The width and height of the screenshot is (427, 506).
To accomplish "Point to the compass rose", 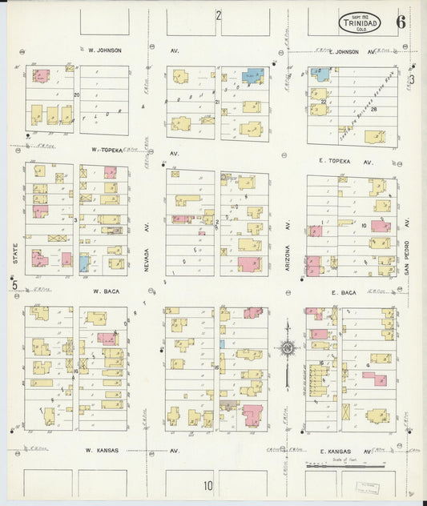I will [288, 347].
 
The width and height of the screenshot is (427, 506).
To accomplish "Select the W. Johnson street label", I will [105, 50].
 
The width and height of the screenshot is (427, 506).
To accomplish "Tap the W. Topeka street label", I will [105, 149].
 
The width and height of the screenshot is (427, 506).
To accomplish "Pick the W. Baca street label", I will [105, 291].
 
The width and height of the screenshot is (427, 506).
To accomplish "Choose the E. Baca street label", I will [344, 294].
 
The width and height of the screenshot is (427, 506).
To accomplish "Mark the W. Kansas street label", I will [103, 450].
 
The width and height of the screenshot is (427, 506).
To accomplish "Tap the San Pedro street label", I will [407, 248].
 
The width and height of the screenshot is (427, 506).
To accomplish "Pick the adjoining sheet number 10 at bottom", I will [208, 485].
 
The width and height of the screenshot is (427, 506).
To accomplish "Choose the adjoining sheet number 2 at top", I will [217, 15].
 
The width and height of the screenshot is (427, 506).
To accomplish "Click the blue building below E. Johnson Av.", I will [322, 76].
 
